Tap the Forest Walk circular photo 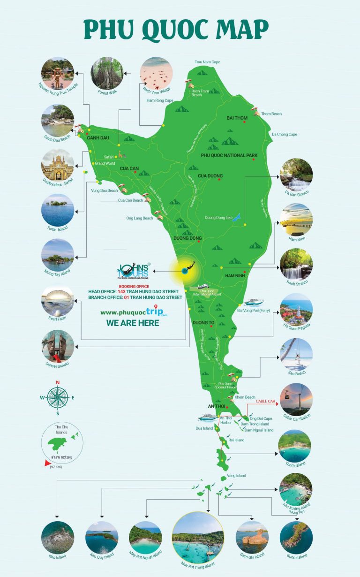click(x=107, y=73)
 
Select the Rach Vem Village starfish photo click(x=157, y=73)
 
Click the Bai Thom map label click(x=237, y=118)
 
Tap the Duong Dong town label click(x=187, y=238)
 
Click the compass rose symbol click(x=58, y=398)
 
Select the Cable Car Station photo click(x=296, y=400)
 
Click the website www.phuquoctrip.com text click(x=134, y=312)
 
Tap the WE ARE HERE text click(x=133, y=323)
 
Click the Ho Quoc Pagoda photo click(x=296, y=310)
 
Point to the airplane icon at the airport click(x=203, y=286)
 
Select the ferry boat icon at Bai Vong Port click(x=253, y=302)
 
